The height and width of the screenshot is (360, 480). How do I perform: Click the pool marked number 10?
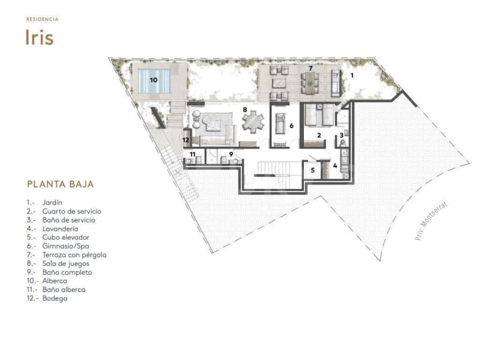[154, 81]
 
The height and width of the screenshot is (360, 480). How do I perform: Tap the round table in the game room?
[253, 122]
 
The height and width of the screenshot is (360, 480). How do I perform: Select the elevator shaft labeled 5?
[312, 170]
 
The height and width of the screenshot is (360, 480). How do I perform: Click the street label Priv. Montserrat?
[431, 220]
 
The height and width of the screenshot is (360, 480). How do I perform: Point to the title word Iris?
[39, 38]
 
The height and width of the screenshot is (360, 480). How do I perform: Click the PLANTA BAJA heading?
[60, 184]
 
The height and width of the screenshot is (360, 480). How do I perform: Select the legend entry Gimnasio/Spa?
[66, 246]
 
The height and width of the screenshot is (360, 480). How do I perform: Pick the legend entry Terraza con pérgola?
[74, 255]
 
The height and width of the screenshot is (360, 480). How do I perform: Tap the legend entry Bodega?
[55, 299]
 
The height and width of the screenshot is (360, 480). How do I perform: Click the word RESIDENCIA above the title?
[42, 19]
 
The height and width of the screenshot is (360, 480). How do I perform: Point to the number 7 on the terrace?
[310, 68]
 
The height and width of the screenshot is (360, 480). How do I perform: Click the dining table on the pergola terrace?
[310, 83]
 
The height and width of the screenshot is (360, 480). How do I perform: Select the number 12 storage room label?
[186, 140]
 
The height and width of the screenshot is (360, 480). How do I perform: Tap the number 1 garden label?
[352, 75]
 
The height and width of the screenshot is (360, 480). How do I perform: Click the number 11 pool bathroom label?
[192, 154]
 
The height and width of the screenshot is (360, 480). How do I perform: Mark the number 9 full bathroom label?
[231, 154]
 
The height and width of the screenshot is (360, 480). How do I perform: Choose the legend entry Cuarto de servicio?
[72, 212]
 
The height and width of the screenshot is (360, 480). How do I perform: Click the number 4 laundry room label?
[335, 166]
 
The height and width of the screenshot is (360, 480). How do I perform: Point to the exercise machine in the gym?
[280, 123]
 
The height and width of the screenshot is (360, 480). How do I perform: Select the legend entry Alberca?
[55, 281]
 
